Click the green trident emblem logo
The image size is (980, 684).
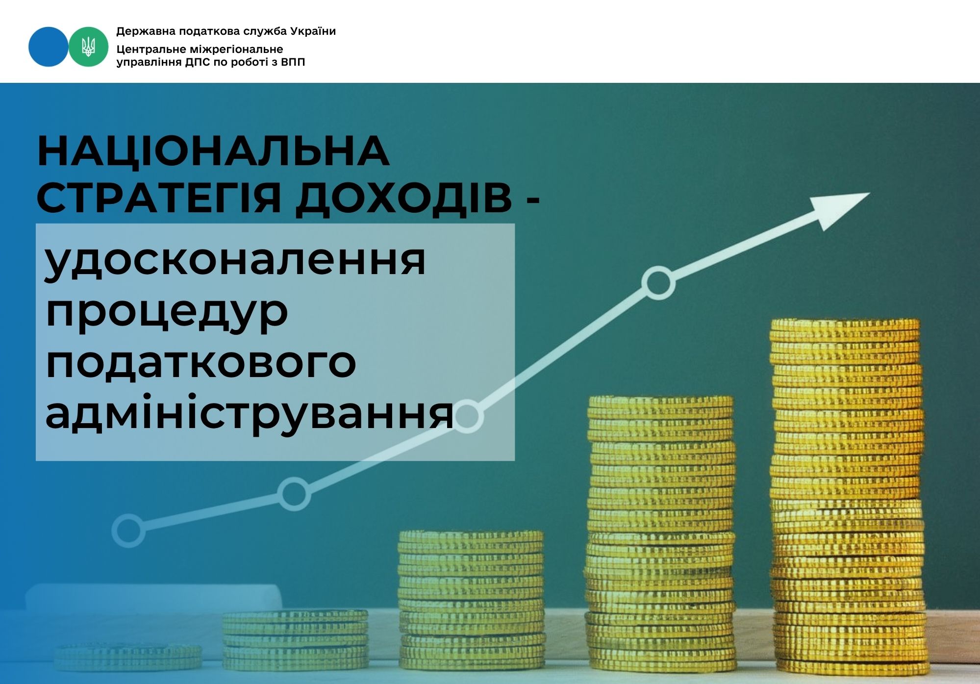[88, 47]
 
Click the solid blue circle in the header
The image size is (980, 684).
[49, 47]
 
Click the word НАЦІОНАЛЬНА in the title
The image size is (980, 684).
[213, 151]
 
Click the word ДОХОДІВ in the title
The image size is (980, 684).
[404, 198]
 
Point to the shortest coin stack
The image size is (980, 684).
[128, 657]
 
